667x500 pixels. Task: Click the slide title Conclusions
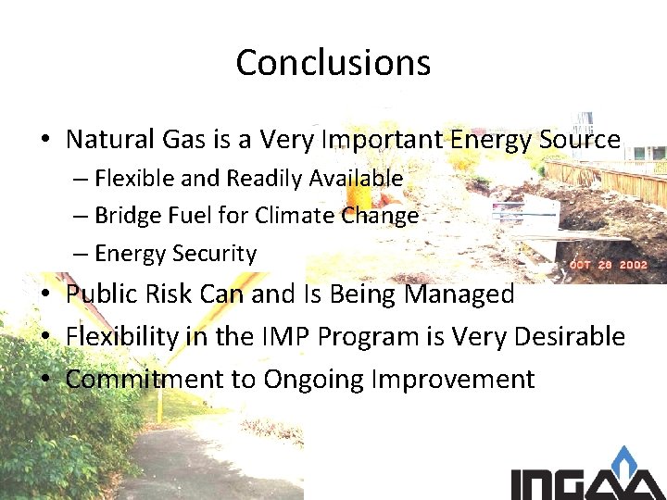333,63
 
